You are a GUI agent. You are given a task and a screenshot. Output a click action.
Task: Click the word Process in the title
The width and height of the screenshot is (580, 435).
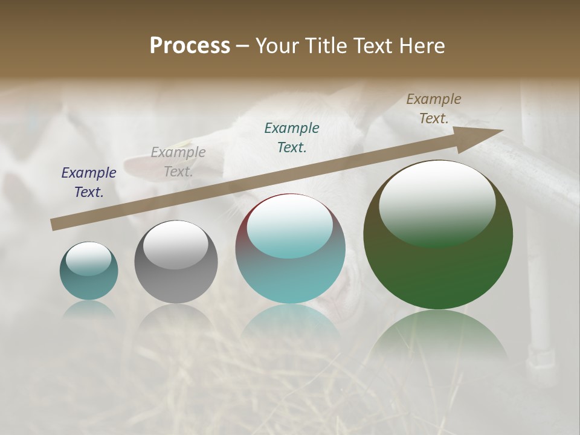click(x=190, y=45)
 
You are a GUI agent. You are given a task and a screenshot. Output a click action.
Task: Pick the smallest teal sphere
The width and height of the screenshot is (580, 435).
click(x=89, y=284)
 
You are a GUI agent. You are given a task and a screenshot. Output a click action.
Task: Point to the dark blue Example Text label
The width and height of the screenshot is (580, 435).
click(x=89, y=182)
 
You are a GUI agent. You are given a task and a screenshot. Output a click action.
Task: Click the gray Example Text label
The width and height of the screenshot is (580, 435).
click(x=178, y=162)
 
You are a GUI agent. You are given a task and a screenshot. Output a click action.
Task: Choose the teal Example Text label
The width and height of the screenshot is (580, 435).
click(x=292, y=137)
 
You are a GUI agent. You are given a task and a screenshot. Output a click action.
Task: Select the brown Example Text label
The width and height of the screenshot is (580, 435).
click(x=434, y=109)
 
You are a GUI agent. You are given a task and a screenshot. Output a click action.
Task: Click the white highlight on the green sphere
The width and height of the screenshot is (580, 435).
click(x=437, y=199)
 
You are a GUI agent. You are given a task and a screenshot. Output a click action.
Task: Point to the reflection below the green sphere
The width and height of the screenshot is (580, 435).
click(x=438, y=338)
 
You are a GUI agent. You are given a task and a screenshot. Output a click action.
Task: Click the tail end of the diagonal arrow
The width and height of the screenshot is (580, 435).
click(x=54, y=225)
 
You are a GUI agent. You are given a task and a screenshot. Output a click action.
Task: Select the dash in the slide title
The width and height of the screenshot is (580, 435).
click(x=243, y=46)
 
